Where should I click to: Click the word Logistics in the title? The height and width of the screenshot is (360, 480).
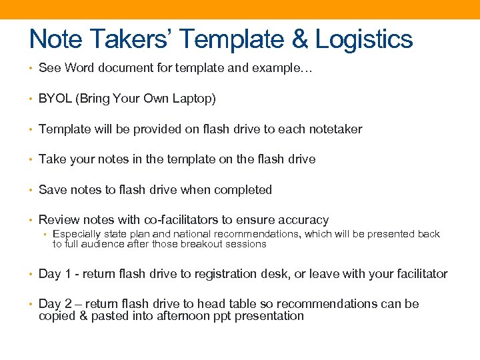coord(364,39)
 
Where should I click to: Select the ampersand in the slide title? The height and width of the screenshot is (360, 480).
coord(299,39)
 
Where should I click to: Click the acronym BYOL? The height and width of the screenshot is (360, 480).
coord(55,99)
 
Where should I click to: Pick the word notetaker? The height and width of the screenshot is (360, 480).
coord(334,129)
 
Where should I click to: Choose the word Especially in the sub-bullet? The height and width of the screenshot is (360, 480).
coord(77,234)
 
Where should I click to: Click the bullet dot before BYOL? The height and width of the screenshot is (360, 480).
coord(31,99)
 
